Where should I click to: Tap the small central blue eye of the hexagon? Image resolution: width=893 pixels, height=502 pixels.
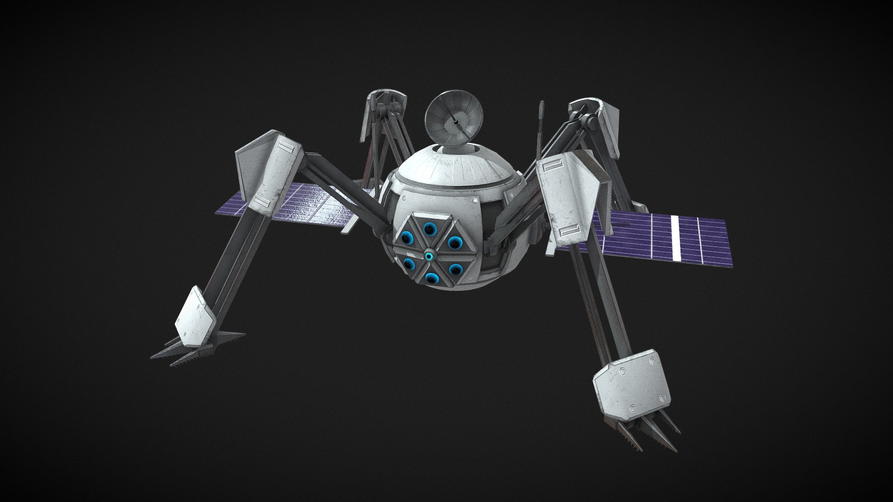point(429,255)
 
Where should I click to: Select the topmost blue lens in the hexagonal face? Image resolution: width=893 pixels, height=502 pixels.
point(428,229)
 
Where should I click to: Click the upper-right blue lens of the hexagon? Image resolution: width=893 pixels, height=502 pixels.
point(453,242)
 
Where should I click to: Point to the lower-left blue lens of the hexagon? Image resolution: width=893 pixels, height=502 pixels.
point(409,265)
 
